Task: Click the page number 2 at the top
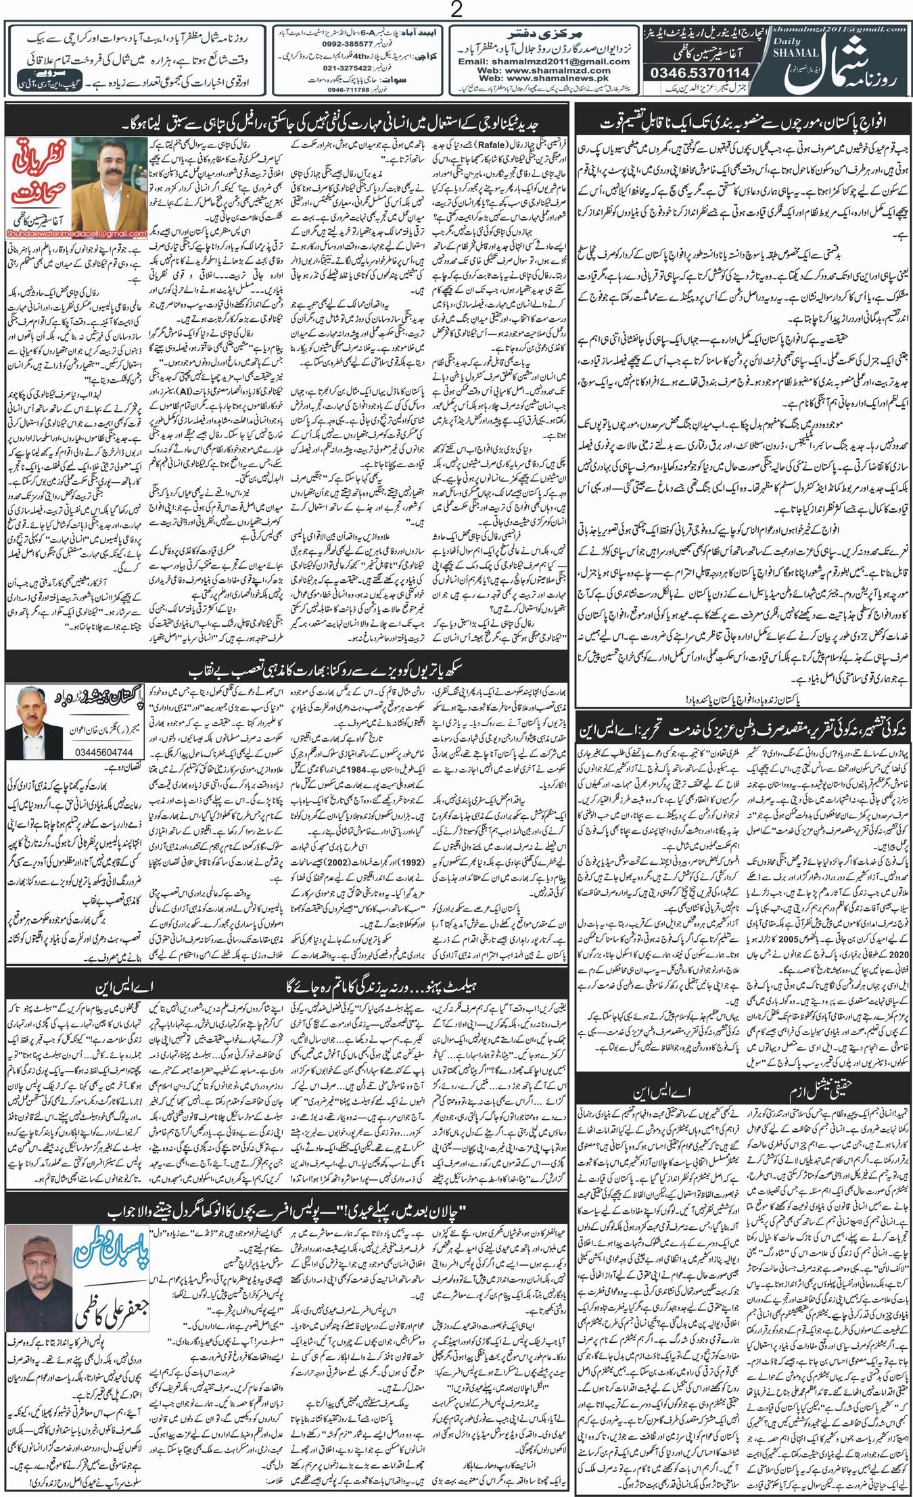pos(456,10)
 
